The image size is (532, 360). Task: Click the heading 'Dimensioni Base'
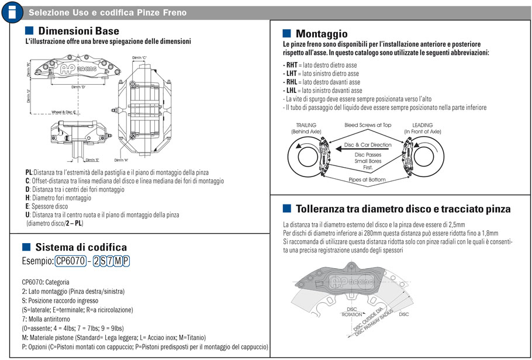click(78, 31)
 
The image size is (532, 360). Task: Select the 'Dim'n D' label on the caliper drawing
click(78, 87)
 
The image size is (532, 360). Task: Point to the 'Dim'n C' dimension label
click(139, 58)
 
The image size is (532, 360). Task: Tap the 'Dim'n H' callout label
click(122, 160)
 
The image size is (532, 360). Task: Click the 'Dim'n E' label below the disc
click(92, 160)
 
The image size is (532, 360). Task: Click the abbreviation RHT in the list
click(291, 65)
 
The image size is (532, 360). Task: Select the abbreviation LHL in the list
click(291, 91)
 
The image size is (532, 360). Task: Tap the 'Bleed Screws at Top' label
click(368, 125)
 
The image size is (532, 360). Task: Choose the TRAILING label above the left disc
click(306, 125)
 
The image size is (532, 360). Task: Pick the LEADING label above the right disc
click(423, 125)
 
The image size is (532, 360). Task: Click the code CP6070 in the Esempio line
click(70, 261)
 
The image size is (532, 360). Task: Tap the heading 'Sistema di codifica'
click(81, 247)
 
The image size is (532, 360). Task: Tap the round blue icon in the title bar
click(12, 12)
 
